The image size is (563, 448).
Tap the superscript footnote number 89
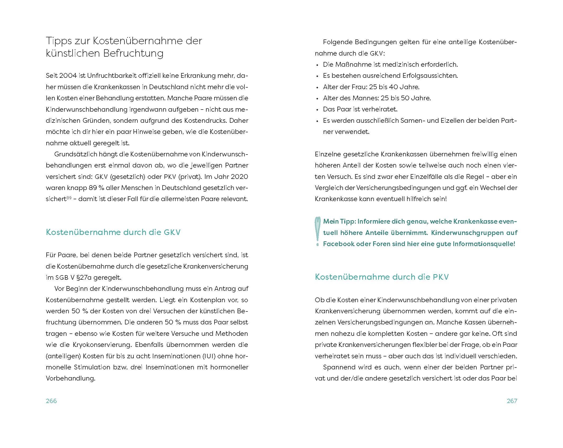pos(69,197)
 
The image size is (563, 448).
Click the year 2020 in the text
pos(239,177)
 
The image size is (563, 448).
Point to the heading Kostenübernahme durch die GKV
pos(113,232)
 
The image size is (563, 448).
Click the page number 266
pos(51,401)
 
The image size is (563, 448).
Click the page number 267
pos(512,401)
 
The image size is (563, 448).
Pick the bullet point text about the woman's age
pos(371,87)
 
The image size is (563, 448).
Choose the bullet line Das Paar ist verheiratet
pos(360,109)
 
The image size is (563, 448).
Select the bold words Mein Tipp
pos(339,221)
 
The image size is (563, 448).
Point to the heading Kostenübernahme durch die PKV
pos(382,277)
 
